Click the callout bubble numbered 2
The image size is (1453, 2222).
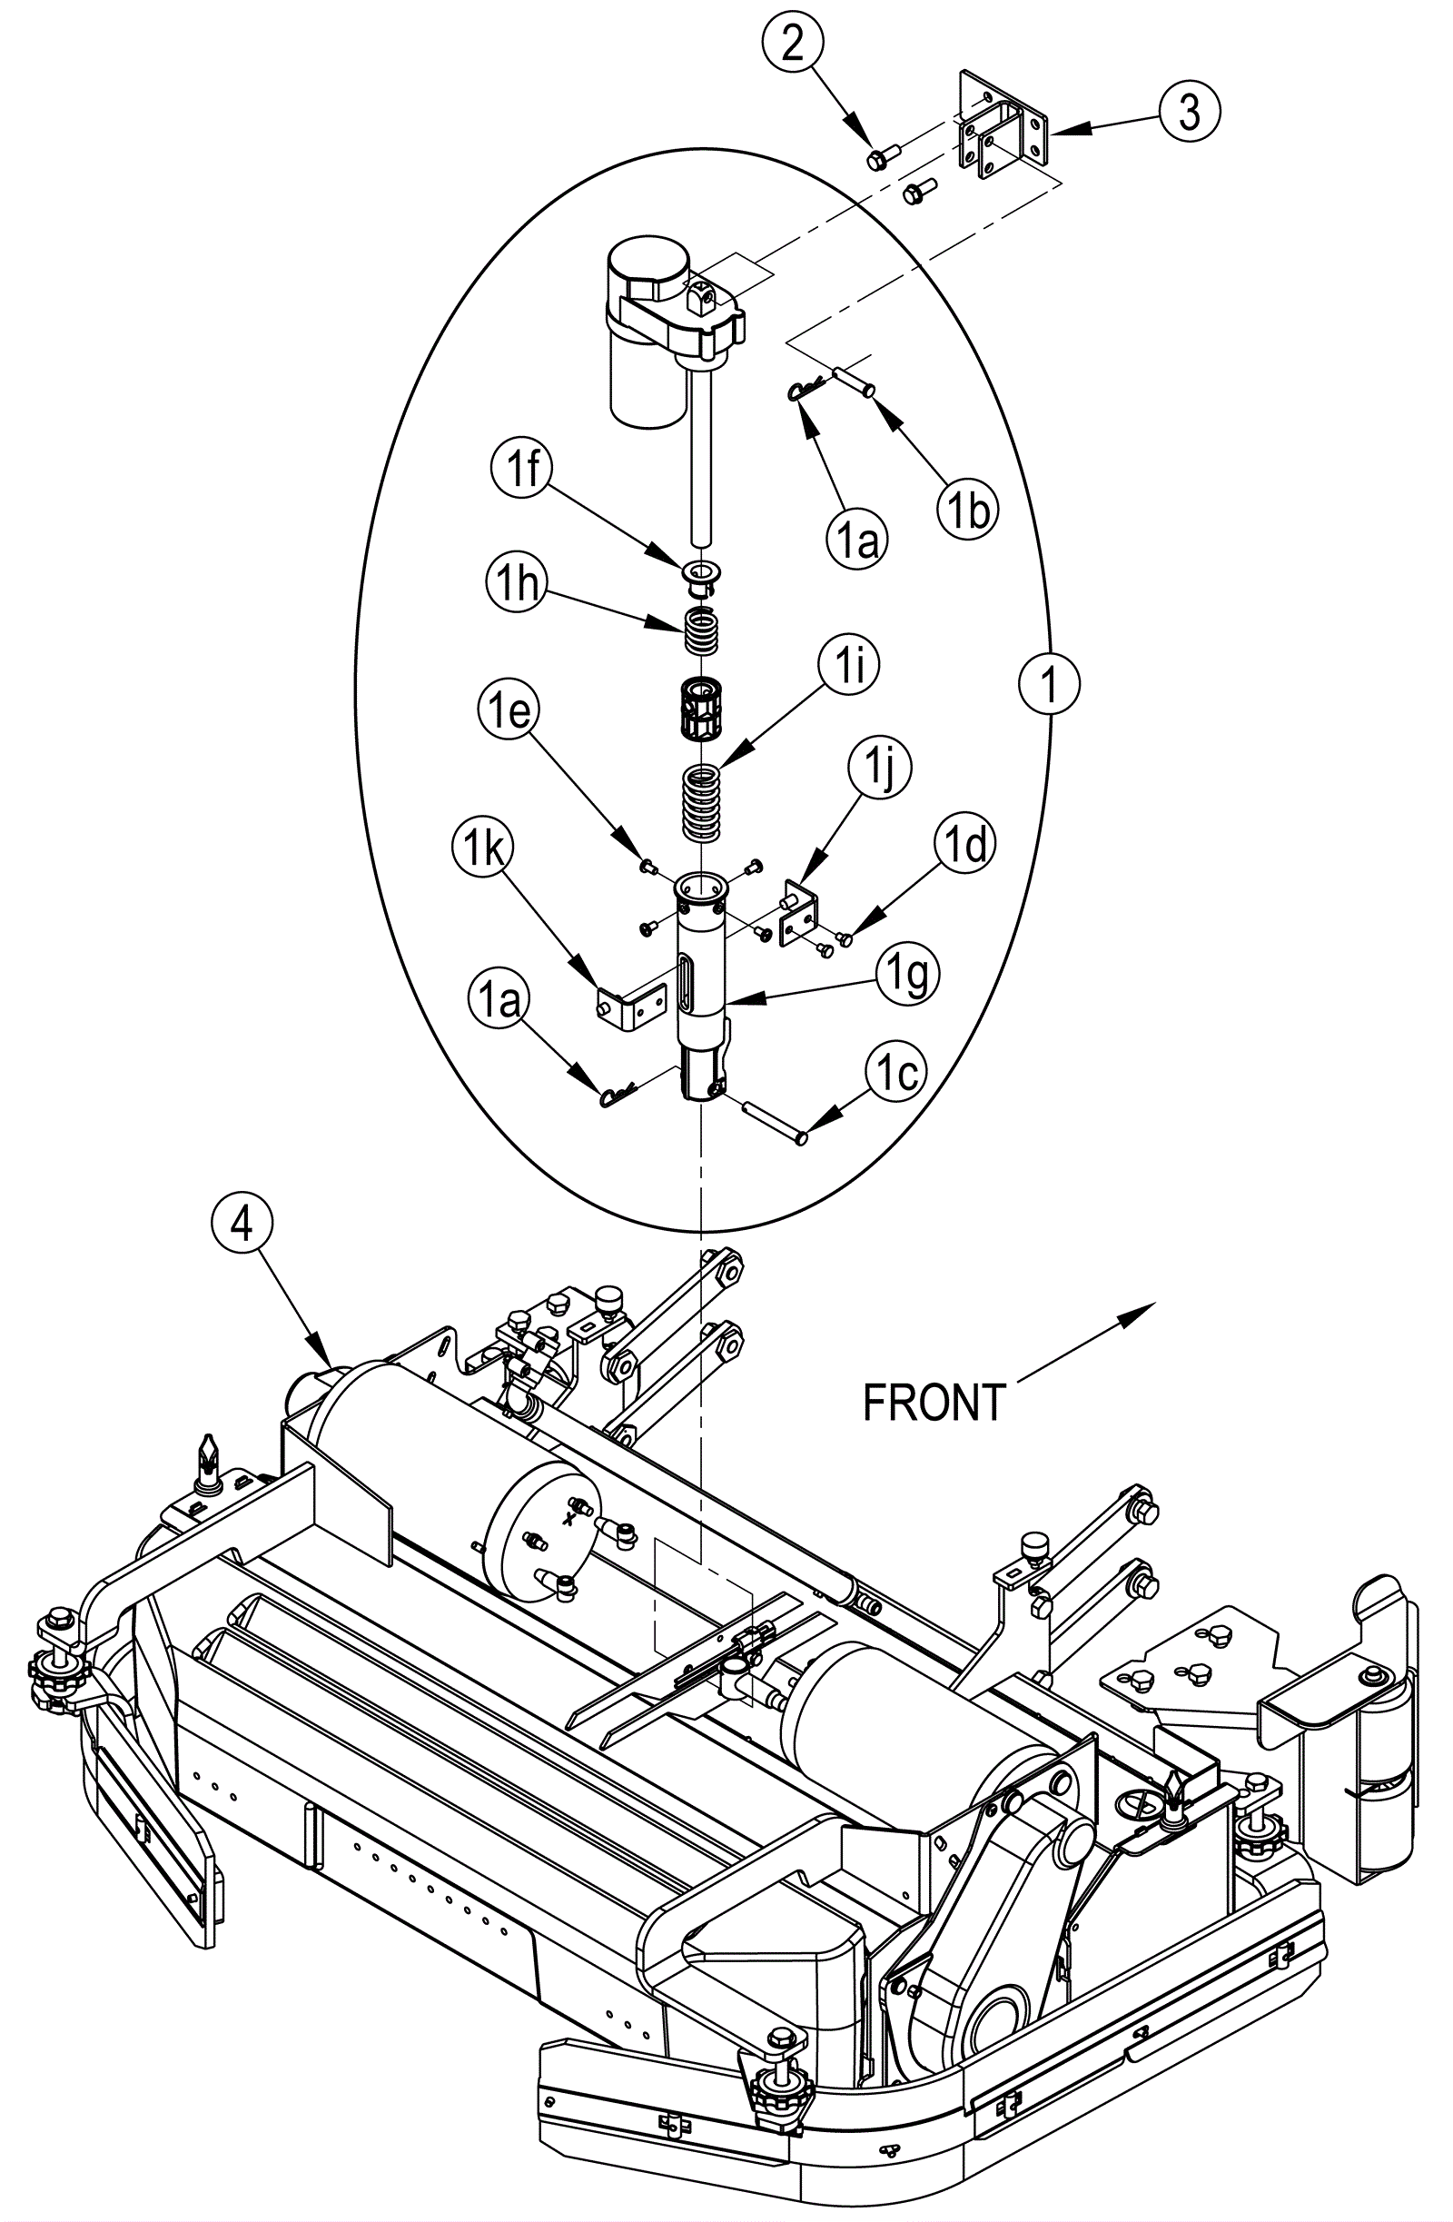pyautogui.click(x=792, y=44)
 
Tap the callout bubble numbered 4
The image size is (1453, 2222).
pyautogui.click(x=242, y=1222)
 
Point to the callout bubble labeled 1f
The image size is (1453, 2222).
pyautogui.click(x=523, y=469)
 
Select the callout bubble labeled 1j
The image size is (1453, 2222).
pyautogui.click(x=879, y=770)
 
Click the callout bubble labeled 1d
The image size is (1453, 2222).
pyautogui.click(x=965, y=845)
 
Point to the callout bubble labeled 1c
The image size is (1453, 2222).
pyautogui.click(x=896, y=1076)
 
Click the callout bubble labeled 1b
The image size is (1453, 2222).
pyautogui.click(x=968, y=510)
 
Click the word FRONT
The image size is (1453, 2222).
pyautogui.click(x=934, y=1403)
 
